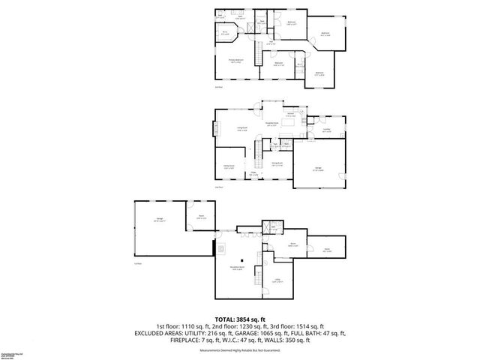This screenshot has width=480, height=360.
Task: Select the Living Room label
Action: [x=243, y=130]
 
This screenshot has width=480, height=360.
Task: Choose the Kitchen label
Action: [x=290, y=115]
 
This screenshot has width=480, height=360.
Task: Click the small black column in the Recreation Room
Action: [x=242, y=259]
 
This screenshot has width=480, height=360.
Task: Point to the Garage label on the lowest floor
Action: [x=159, y=220]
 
